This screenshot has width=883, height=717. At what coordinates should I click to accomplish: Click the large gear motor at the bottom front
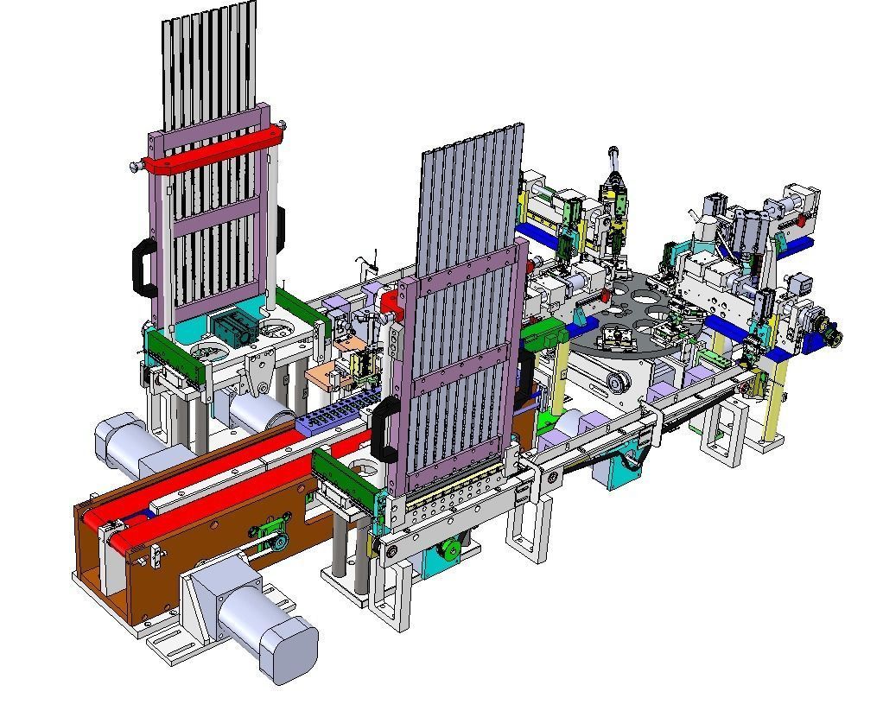point(259,622)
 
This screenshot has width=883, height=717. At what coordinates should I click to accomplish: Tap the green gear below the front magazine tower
point(449,549)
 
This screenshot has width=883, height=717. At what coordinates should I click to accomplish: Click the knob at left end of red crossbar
point(135,167)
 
